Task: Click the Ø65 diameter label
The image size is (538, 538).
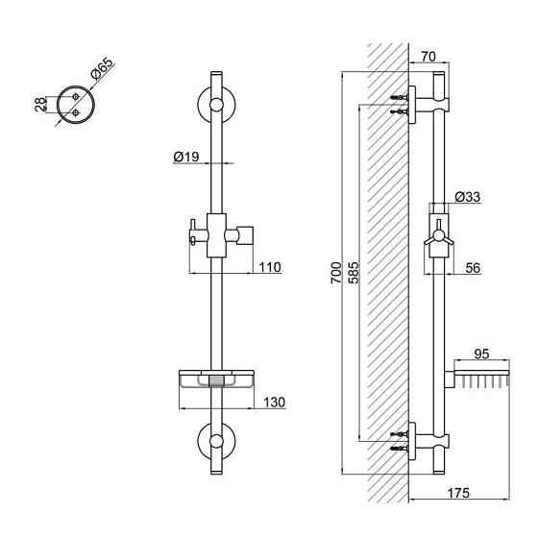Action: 102,69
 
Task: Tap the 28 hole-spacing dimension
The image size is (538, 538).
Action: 40,105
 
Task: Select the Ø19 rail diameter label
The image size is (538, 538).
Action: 186,157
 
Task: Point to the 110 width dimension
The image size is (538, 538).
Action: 270,267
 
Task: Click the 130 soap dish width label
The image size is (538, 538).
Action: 274,403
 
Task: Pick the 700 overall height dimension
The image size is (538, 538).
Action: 336,273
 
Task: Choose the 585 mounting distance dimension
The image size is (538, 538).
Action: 354,273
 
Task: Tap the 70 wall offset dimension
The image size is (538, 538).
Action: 428,57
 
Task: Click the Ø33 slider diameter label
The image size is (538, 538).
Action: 468,197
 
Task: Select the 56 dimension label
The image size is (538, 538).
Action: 473,268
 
